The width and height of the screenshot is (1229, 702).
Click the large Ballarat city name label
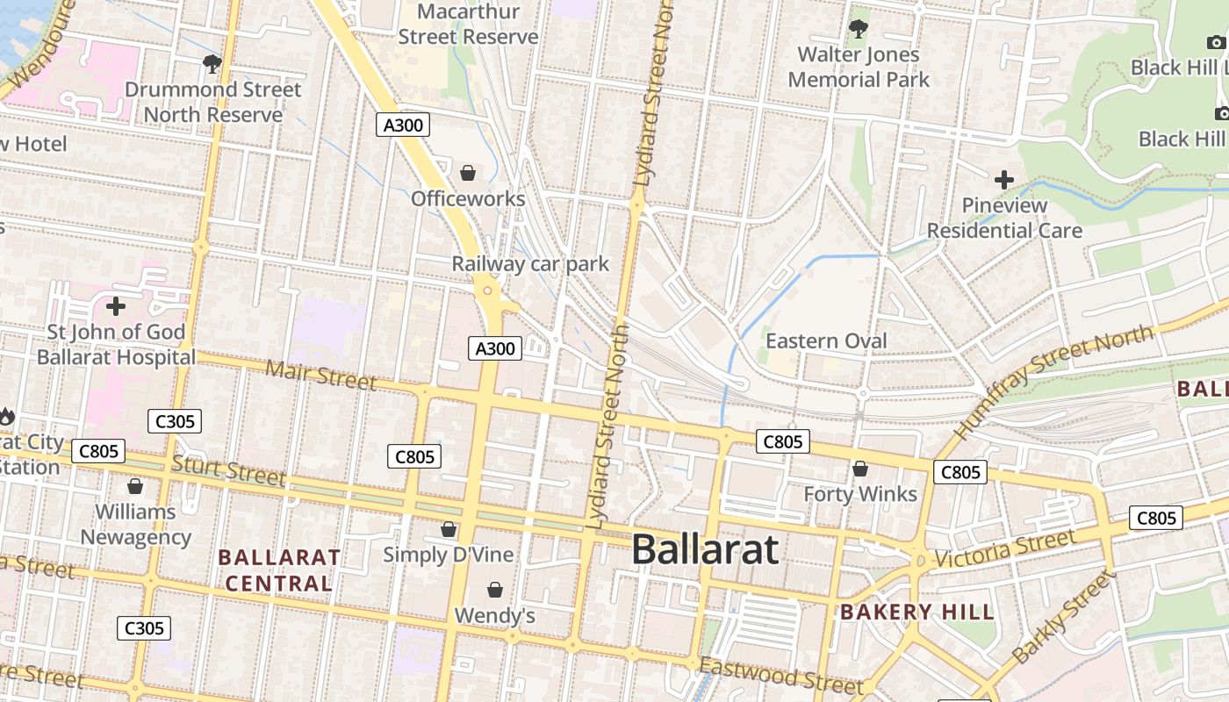click(x=705, y=550)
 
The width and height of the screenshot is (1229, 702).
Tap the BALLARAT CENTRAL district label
click(x=279, y=569)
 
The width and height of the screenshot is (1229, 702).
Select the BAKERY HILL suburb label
click(x=917, y=612)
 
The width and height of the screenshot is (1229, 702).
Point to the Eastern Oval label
click(x=826, y=340)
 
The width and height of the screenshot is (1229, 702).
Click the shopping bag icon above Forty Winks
click(x=860, y=469)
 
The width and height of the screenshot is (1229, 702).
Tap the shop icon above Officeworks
click(x=468, y=173)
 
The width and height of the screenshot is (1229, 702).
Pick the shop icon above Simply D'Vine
click(x=449, y=529)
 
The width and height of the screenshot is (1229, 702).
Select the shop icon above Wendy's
click(x=495, y=590)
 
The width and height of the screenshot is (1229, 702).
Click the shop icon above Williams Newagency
click(x=135, y=486)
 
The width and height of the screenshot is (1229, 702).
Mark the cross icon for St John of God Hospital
click(x=115, y=306)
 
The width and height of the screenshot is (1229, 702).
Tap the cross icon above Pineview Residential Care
click(x=1004, y=180)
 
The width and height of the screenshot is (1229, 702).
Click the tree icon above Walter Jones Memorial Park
click(x=859, y=29)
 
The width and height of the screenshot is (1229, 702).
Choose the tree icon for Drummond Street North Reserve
click(x=212, y=63)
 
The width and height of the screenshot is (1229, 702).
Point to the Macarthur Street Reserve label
click(x=468, y=25)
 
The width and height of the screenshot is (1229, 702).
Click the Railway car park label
click(x=530, y=263)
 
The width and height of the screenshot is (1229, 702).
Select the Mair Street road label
click(x=320, y=376)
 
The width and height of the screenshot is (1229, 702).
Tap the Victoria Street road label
click(x=1004, y=549)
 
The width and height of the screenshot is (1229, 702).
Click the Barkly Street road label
click(x=1062, y=618)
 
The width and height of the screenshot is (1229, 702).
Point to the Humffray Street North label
click(x=1053, y=382)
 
